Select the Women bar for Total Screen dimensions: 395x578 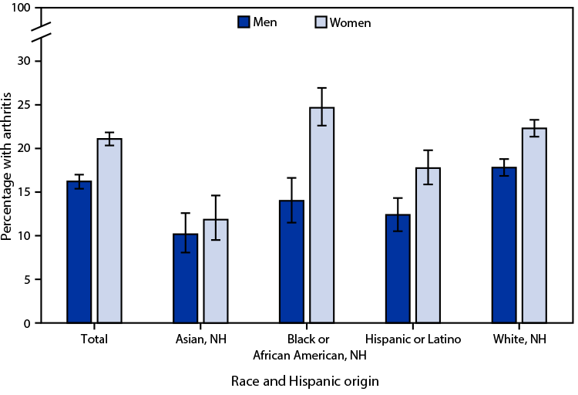pos(109,231)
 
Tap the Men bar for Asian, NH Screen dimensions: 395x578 pos(186,278)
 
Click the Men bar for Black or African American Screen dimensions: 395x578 pos(292,262)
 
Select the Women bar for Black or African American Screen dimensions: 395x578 pos(321,215)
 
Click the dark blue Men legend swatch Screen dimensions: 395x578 pos(243,22)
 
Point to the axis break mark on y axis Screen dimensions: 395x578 pos(42,34)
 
